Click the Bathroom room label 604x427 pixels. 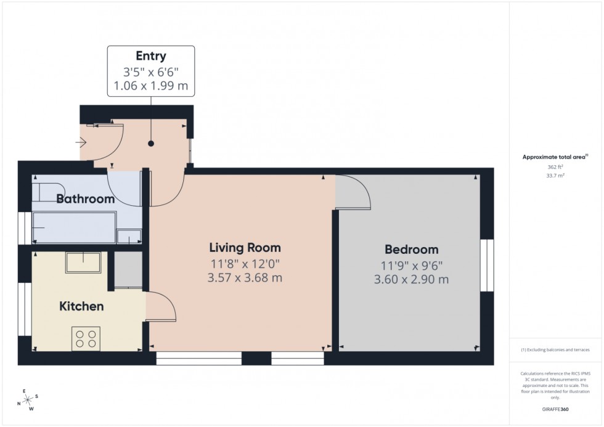click(x=86, y=199)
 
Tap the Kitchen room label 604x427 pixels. click(x=81, y=306)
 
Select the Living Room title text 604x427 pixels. click(x=245, y=248)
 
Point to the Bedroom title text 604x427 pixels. click(x=411, y=250)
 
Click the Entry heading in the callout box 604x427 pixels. click(x=151, y=57)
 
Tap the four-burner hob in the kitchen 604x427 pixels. click(x=86, y=338)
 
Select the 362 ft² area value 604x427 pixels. click(x=555, y=167)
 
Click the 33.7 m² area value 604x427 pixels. click(x=555, y=176)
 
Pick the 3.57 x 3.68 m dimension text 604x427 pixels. click(x=245, y=278)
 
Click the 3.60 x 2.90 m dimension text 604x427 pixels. click(x=411, y=279)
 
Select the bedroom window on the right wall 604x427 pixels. click(x=487, y=265)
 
